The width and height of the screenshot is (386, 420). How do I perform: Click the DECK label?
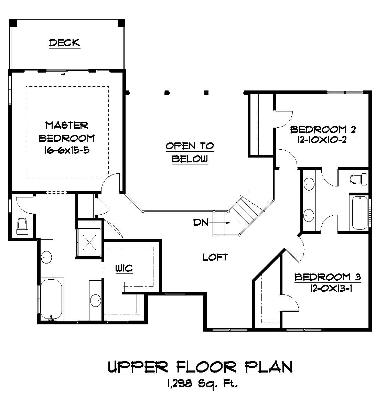point(64,43)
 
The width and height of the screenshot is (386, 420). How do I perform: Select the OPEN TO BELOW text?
point(190,152)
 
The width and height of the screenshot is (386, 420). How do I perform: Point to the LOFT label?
point(215,257)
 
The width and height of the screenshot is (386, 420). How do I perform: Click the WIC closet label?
point(124,268)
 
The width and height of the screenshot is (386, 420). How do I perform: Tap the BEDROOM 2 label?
point(323,130)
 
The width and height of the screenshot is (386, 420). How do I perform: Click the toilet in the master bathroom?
point(22,226)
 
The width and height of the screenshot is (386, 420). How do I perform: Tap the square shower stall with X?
point(89,242)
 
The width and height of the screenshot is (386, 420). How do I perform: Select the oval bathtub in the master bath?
point(51,299)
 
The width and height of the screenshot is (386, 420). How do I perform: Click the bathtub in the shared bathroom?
point(359,213)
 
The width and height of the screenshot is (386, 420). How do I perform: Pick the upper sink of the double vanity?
point(309,184)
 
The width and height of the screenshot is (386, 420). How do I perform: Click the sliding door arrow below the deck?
point(67,73)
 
